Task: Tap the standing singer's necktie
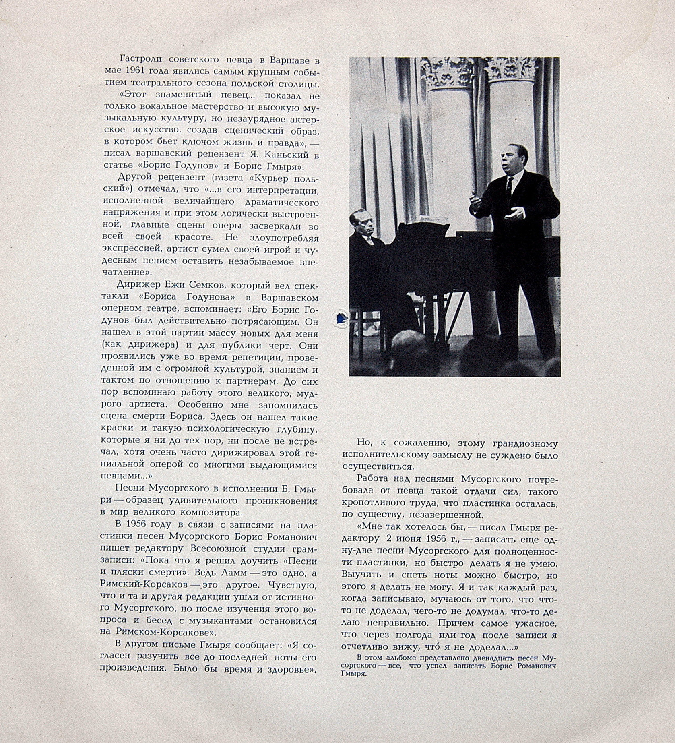tap(509, 185)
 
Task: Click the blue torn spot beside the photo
tap(341, 318)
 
